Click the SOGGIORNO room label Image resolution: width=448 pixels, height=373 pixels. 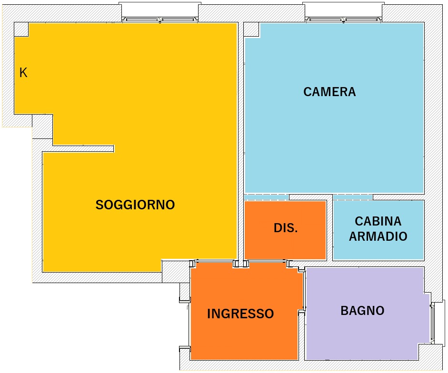tap(135, 205)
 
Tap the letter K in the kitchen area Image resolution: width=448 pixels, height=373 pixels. tap(23, 72)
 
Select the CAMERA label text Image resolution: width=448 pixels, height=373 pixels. tap(329, 92)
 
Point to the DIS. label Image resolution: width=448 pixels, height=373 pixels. tap(286, 228)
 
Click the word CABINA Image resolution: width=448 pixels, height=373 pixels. tap(378, 221)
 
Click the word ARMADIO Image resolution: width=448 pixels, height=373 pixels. tap(378, 236)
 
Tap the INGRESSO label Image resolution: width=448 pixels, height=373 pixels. tap(240, 314)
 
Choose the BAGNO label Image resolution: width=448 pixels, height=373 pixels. tap(362, 311)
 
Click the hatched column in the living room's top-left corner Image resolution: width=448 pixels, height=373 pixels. tap(21, 29)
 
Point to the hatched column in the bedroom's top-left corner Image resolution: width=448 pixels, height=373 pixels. tap(251, 29)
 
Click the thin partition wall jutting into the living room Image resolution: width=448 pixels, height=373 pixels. tap(83, 148)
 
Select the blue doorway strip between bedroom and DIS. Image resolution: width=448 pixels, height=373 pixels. tap(266, 197)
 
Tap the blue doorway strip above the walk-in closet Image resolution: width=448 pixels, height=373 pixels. tap(353, 197)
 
